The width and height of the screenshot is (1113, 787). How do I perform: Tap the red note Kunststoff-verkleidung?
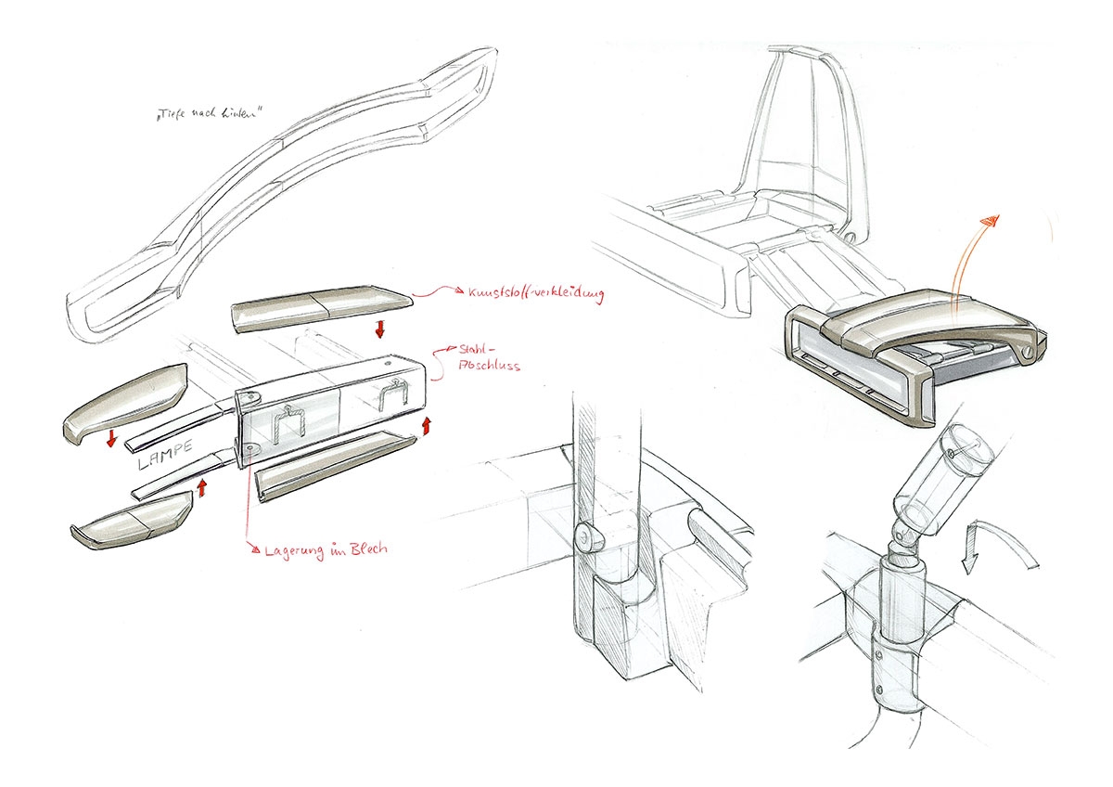point(525,295)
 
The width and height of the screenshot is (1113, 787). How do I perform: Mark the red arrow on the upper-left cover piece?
point(112,437)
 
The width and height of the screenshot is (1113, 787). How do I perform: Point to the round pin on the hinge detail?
point(586,535)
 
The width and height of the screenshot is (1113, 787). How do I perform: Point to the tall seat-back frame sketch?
point(807,139)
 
